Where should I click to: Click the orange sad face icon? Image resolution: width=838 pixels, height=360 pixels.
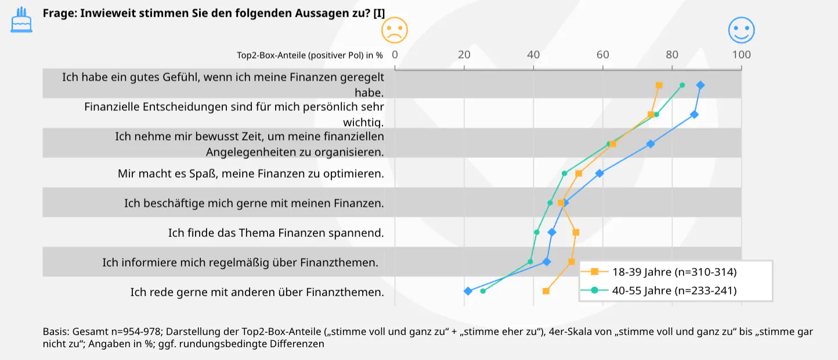click(395, 30)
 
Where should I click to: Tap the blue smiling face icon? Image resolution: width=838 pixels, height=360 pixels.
click(741, 30)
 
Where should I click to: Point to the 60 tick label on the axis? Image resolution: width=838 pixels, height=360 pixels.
click(602, 55)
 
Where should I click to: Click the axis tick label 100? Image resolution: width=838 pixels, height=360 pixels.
click(741, 55)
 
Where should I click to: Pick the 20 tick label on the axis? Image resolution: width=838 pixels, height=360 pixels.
click(464, 55)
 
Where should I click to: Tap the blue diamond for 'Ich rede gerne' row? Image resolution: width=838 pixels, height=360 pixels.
click(468, 291)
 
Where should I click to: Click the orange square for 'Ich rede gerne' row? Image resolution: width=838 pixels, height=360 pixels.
click(546, 291)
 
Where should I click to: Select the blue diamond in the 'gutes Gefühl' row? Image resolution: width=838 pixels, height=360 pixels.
click(700, 85)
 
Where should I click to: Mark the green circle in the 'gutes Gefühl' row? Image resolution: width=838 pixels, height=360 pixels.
click(682, 85)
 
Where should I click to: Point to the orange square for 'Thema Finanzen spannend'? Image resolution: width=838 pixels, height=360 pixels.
click(576, 232)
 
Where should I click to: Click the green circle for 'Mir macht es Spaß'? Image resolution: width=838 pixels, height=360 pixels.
click(564, 173)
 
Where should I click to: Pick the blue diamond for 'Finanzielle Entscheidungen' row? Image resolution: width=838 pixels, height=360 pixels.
click(694, 115)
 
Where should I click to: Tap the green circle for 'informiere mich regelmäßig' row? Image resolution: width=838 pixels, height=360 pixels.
click(530, 262)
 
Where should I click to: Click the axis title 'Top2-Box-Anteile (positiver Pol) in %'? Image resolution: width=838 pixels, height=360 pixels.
click(310, 56)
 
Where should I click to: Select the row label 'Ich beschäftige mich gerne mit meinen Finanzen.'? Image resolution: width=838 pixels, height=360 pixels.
click(254, 203)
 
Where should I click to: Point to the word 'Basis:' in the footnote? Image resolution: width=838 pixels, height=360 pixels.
click(56, 332)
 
